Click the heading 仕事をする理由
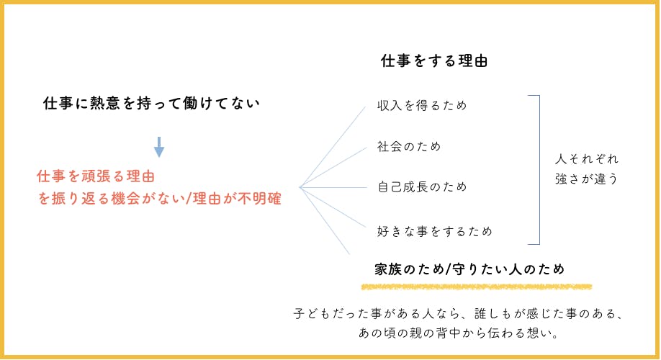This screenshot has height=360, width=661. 434,61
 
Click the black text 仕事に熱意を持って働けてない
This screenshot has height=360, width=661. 151,104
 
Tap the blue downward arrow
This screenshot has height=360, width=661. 159,147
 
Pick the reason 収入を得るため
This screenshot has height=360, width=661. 422,106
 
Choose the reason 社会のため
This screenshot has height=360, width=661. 409,147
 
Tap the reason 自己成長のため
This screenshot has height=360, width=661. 422,187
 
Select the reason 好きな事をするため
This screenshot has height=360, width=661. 435,232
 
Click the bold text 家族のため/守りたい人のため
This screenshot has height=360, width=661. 469,269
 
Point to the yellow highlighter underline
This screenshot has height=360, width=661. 476,287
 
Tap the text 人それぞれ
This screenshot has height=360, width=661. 587,158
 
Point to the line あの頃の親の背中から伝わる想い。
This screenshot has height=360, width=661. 459,334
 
